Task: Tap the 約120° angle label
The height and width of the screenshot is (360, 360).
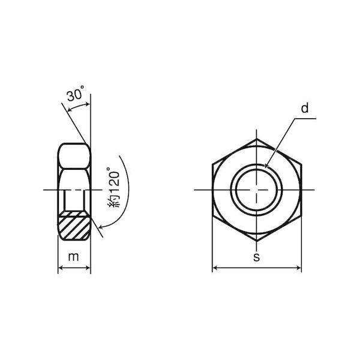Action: point(113,188)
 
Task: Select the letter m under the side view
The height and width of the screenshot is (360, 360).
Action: point(73,257)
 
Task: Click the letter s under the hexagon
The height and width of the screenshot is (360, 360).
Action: point(256,257)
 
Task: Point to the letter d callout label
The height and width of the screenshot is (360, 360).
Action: point(305,108)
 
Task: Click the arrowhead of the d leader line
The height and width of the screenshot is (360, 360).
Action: point(266,166)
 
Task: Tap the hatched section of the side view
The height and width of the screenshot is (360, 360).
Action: point(73,226)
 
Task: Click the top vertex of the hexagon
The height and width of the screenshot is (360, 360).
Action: point(256,139)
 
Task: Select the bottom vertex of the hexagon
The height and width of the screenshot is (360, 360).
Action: point(256,241)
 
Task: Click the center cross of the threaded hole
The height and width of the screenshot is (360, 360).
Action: point(256,190)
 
